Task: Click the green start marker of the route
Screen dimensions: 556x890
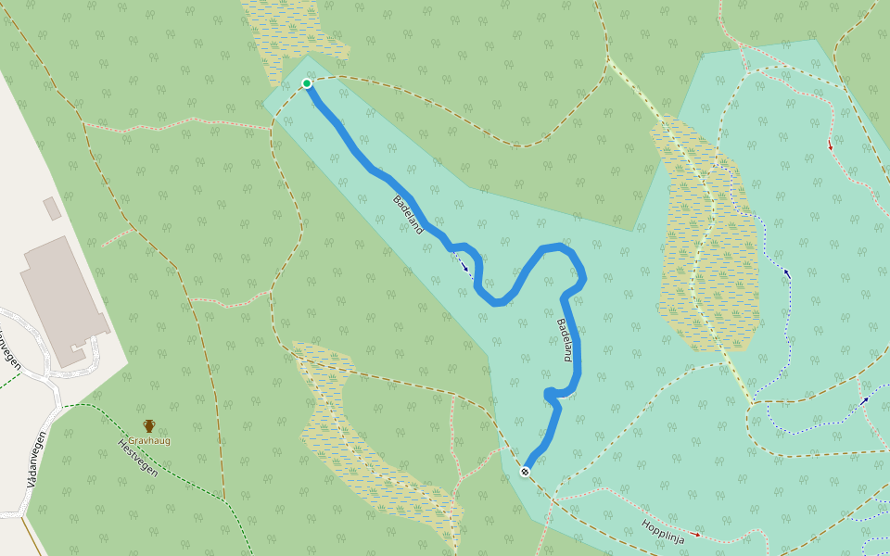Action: (x=307, y=83)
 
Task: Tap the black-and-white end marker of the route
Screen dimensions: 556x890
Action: (x=525, y=472)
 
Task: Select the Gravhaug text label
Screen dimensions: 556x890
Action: (x=149, y=441)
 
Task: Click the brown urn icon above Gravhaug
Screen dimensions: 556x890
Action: (x=149, y=426)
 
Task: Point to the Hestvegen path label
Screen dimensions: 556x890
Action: (x=138, y=457)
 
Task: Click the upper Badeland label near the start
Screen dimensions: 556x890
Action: (x=408, y=214)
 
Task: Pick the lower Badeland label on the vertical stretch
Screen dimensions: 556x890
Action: (x=566, y=340)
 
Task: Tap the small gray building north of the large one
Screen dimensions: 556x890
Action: (x=52, y=208)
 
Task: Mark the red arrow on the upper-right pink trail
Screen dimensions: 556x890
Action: (x=830, y=145)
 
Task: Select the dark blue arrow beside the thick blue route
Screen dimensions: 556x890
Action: (x=464, y=266)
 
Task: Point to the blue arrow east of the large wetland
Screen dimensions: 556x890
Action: (x=787, y=273)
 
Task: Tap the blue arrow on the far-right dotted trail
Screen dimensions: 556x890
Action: (x=864, y=400)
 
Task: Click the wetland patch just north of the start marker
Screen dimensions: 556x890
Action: (x=287, y=37)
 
